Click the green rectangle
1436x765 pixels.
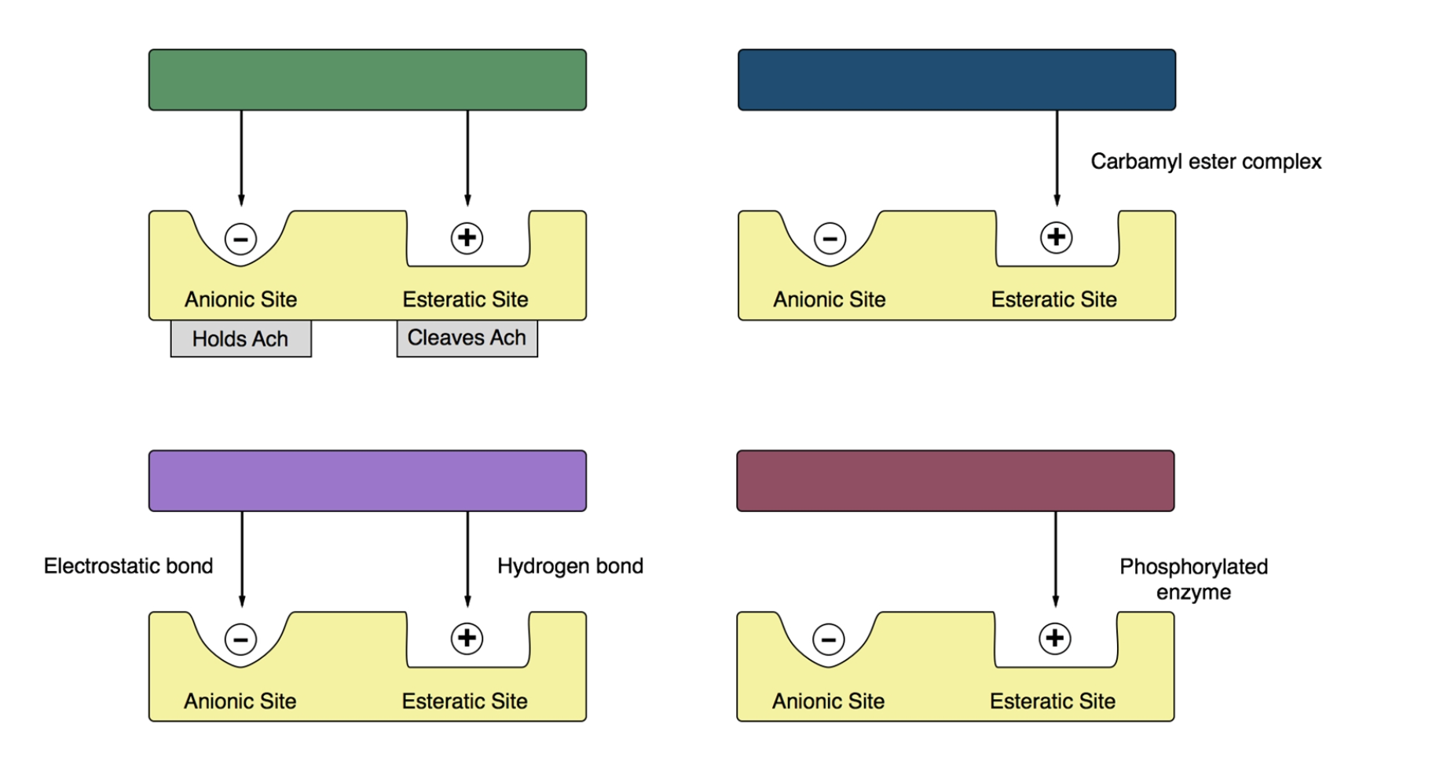tap(367, 79)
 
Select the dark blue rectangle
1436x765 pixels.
tap(956, 79)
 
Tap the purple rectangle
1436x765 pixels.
tap(367, 481)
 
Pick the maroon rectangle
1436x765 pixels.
tap(955, 481)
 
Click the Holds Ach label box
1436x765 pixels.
tap(240, 339)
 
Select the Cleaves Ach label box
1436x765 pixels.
tap(467, 338)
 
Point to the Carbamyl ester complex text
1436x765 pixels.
tap(1206, 162)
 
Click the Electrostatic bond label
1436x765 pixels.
tap(128, 566)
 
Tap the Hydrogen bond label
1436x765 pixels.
tap(570, 566)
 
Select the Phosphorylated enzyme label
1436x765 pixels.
tap(1193, 579)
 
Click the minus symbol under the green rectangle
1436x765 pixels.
tap(240, 239)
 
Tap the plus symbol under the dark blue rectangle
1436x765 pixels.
tap(1056, 237)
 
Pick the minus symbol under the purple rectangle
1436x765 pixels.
tap(240, 639)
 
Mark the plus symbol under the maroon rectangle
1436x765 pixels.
tap(1055, 639)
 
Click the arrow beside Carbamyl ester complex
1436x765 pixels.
tap(1057, 157)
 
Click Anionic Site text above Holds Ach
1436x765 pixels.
tap(240, 299)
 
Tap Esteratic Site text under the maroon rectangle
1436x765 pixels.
tap(1052, 701)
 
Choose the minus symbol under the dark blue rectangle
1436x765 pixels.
tap(830, 238)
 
